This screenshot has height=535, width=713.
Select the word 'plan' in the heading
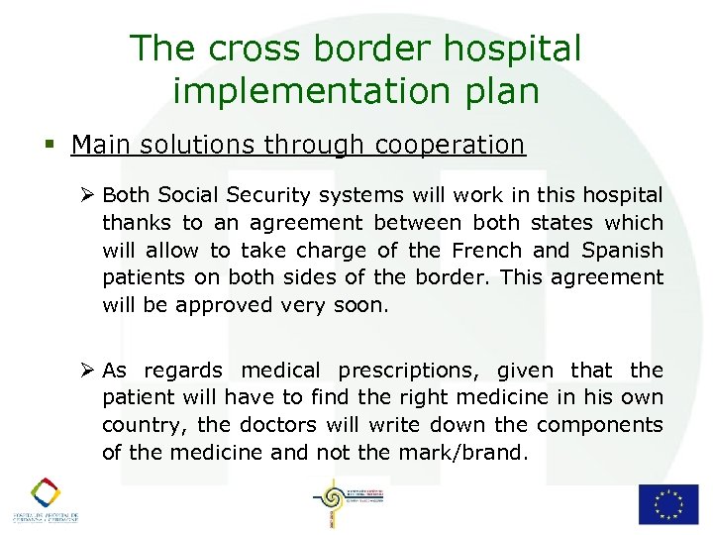(x=506, y=91)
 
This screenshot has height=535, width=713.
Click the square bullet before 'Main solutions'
(x=51, y=146)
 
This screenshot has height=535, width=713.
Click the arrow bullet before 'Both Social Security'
(x=87, y=195)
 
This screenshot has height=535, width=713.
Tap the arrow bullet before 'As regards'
(x=87, y=371)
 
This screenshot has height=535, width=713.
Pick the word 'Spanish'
(x=624, y=250)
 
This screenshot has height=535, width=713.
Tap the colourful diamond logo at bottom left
(x=44, y=492)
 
